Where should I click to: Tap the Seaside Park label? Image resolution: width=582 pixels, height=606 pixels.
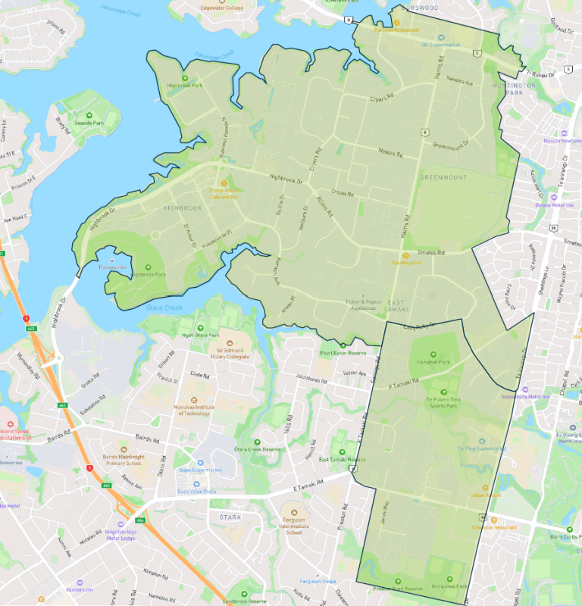click(x=89, y=123)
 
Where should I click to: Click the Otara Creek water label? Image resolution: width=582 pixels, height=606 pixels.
click(x=163, y=308)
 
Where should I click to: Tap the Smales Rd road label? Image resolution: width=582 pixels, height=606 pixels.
click(x=430, y=252)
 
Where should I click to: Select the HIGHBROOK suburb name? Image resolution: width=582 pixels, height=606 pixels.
click(x=183, y=208)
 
